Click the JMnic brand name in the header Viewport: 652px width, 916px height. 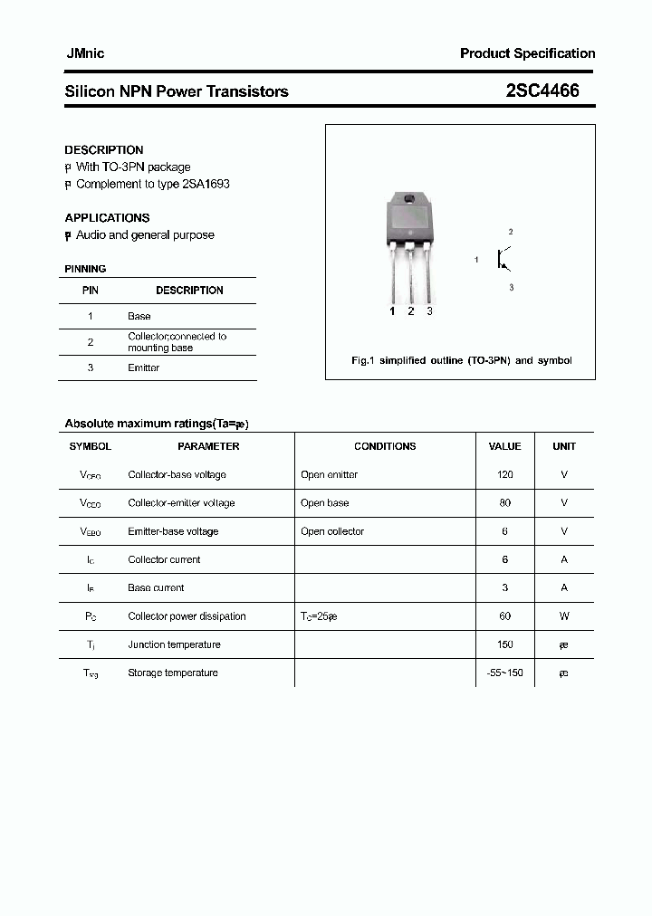pos(84,53)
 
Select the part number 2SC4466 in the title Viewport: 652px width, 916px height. pos(542,91)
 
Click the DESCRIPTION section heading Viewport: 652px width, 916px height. pos(103,150)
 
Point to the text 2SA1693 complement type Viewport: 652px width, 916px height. pos(207,184)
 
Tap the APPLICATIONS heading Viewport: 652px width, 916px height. pos(107,218)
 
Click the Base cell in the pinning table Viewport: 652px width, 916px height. pos(139,316)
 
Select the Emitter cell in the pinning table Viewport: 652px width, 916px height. pos(143,367)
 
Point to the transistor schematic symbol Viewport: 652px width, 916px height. pos(503,260)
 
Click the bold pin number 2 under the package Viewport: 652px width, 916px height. pos(410,311)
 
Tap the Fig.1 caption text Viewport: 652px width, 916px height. pos(461,360)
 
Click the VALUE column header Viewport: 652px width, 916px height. pos(504,446)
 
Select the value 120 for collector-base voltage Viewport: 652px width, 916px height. pos(504,474)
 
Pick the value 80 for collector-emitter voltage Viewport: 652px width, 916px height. pos(504,502)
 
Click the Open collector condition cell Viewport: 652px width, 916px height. pos(332,531)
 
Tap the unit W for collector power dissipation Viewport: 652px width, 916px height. pos(563,615)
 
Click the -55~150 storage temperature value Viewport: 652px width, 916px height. pos(504,673)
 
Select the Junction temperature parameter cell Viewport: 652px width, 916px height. pos(174,644)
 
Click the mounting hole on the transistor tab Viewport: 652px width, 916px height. pos(409,198)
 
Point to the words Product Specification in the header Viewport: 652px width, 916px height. pos(527,53)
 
